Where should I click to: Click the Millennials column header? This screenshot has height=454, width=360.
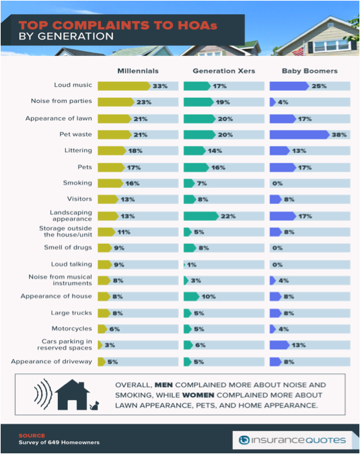click(138, 71)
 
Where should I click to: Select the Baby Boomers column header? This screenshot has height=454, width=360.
click(310, 71)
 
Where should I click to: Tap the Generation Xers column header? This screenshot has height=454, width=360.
click(224, 71)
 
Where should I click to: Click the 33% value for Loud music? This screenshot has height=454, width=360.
click(160, 86)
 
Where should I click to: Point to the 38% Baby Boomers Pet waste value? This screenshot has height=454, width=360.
click(339, 135)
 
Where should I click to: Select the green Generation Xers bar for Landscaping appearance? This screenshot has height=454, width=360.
click(201, 216)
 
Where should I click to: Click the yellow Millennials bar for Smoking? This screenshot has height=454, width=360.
click(110, 183)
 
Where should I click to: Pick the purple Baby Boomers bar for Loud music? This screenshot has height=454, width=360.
click(289, 86)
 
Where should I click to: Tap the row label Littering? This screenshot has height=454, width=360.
click(78, 151)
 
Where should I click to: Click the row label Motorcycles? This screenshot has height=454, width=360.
click(72, 329)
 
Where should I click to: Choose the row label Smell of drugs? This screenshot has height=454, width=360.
click(68, 248)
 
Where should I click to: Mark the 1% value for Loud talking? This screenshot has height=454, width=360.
click(192, 265)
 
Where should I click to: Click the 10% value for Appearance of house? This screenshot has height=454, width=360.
click(209, 297)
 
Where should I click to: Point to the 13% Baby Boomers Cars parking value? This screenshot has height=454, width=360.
click(298, 345)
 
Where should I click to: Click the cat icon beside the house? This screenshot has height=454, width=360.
click(94, 406)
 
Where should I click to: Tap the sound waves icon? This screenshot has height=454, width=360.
click(43, 394)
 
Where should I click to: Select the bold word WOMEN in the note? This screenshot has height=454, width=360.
click(199, 395)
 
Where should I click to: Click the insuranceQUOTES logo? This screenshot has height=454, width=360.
click(292, 441)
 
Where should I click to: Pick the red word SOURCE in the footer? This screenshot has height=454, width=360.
click(32, 435)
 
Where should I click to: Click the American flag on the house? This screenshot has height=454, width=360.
click(299, 51)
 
